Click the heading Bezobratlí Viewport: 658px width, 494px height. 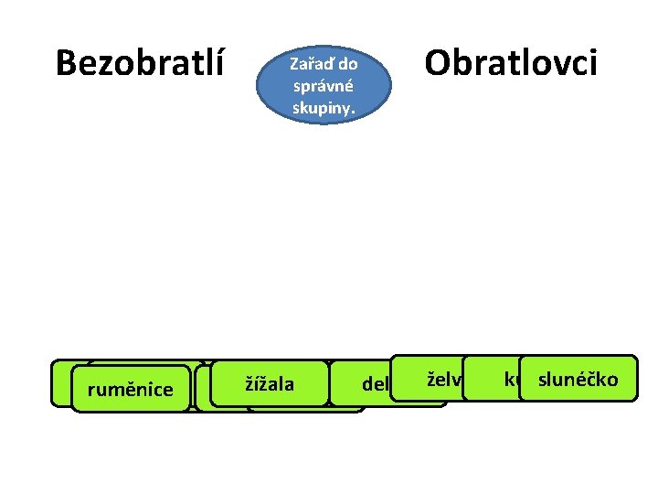(x=140, y=63)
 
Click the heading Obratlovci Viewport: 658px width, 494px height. (x=511, y=63)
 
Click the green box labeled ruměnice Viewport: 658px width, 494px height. (x=130, y=390)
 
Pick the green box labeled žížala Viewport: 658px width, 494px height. (x=269, y=383)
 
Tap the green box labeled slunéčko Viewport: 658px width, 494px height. (x=577, y=379)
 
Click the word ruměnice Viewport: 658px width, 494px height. (x=130, y=391)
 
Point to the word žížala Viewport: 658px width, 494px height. (x=269, y=383)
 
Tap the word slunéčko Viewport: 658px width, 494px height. (x=577, y=380)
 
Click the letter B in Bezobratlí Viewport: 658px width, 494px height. (x=66, y=63)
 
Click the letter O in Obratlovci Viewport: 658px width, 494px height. (x=440, y=63)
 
